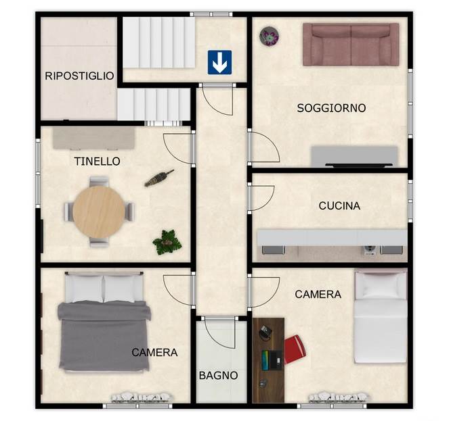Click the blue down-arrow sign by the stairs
(x=219, y=62)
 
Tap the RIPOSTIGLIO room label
(x=79, y=76)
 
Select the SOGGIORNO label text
(x=331, y=108)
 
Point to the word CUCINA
(x=339, y=206)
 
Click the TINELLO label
(x=97, y=162)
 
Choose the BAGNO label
(x=218, y=375)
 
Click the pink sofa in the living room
(x=351, y=45)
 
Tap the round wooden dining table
(x=99, y=212)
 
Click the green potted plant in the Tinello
(x=167, y=243)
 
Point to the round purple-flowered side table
(x=269, y=36)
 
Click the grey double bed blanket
(x=104, y=336)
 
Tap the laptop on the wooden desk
(x=272, y=360)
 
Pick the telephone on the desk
(x=265, y=333)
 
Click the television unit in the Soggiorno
(x=354, y=156)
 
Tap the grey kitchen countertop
(x=332, y=237)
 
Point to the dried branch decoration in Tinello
(x=159, y=178)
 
